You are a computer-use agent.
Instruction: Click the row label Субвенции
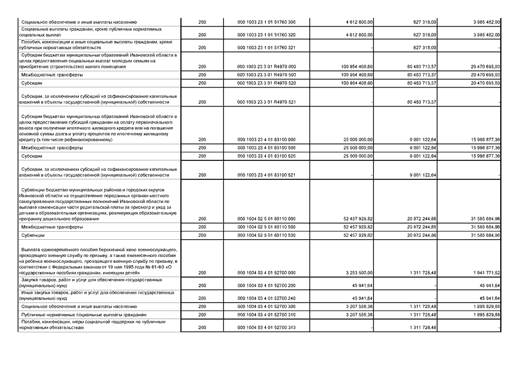pos(32,235)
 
